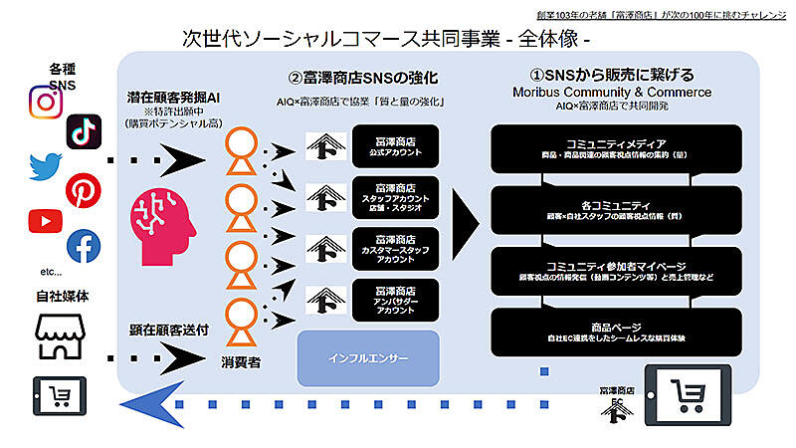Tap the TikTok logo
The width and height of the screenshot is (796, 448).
coord(84,131)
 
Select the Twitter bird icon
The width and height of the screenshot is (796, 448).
coord(46,164)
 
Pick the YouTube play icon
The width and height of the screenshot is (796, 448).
coord(46,221)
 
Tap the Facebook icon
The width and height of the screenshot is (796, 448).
coord(84,246)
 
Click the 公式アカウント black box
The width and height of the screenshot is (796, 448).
coord(394,148)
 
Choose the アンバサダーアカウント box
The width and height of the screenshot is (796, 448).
coord(394,298)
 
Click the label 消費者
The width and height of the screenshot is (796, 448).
coord(241,363)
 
